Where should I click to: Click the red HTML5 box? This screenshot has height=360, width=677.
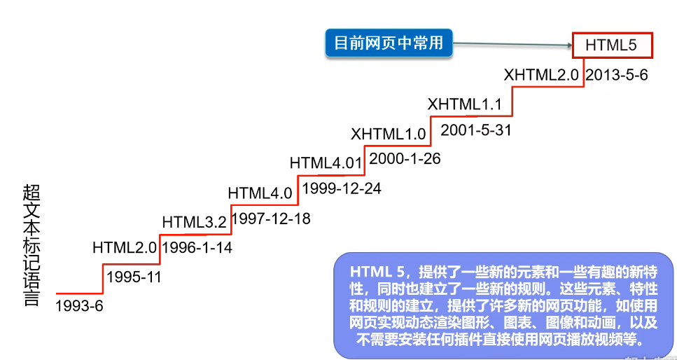point(612,46)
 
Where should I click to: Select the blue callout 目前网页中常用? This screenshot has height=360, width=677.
point(389,43)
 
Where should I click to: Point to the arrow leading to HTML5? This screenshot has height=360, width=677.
point(511,46)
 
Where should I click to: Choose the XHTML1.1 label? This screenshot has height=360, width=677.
point(465,105)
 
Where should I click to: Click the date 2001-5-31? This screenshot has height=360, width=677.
point(476,131)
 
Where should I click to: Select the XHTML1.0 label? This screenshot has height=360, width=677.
point(389,133)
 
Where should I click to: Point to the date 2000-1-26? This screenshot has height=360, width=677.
point(405,159)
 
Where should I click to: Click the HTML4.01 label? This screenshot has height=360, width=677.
point(326,163)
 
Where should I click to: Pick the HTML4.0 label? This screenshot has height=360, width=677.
point(260,193)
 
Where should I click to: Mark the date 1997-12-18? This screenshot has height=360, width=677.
point(271,219)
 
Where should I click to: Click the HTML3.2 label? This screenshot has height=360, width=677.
point(194,223)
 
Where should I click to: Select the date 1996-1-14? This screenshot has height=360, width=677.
point(197,247)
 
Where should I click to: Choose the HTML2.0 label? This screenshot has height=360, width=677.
point(125,247)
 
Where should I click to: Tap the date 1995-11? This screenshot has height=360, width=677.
point(134,277)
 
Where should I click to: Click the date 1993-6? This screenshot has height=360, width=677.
point(78,306)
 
